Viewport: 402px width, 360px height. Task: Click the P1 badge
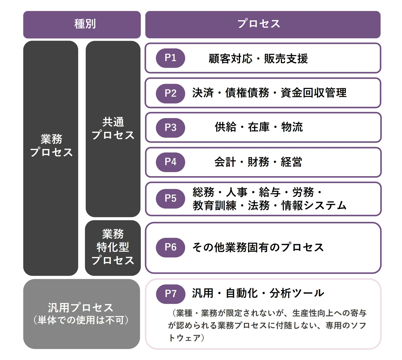[170, 58]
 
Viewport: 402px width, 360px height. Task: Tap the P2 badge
[170, 93]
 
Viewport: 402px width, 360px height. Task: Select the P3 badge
[170, 128]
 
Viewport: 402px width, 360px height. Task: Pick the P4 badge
[170, 162]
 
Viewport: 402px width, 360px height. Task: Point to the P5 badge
[170, 199]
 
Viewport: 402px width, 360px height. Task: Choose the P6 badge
[170, 248]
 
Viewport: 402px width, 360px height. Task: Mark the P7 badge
[170, 294]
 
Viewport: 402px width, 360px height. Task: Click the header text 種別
[85, 24]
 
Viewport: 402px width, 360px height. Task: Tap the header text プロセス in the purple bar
[259, 23]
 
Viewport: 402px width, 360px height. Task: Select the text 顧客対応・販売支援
[258, 58]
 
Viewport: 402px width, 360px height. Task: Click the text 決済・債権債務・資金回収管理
[269, 93]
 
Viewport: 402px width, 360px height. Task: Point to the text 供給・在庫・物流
[259, 127]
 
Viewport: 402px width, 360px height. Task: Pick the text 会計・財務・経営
[258, 162]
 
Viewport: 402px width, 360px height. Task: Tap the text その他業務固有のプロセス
[258, 247]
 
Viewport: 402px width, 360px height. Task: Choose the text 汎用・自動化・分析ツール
[258, 293]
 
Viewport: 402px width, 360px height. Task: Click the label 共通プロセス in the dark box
[113, 128]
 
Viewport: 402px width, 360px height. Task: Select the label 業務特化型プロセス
[113, 247]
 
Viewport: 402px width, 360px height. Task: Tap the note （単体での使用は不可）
[81, 320]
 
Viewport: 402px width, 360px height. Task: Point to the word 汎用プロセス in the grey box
[80, 308]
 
